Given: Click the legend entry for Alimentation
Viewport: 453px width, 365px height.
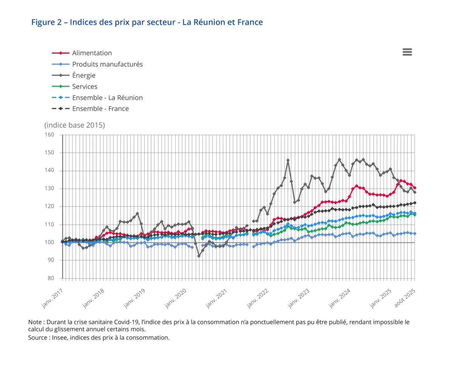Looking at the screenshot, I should pyautogui.click(x=92, y=53).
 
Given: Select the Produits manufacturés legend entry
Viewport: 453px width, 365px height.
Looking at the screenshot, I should pyautogui.click(x=107, y=64).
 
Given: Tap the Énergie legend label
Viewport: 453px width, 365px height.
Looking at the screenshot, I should pyautogui.click(x=84, y=75).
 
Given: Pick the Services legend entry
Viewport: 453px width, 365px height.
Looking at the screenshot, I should pyautogui.click(x=85, y=87).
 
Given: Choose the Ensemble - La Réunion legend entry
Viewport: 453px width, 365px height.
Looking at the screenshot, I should pyautogui.click(x=107, y=97).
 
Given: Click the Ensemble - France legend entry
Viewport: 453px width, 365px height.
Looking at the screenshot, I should pyautogui.click(x=100, y=109).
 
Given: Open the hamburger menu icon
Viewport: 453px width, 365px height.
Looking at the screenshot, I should pyautogui.click(x=407, y=52).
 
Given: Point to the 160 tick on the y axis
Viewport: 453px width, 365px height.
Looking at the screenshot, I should pyautogui.click(x=49, y=135).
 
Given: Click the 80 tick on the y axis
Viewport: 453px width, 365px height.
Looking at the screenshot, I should pyautogui.click(x=51, y=278).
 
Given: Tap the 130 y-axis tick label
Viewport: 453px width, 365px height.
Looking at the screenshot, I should pyautogui.click(x=49, y=189).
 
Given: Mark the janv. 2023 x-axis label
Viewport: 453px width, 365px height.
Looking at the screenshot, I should pyautogui.click(x=298, y=297).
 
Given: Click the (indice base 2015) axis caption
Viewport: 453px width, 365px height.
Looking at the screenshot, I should pyautogui.click(x=74, y=125).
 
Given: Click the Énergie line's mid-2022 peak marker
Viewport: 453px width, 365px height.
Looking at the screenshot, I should pyautogui.click(x=288, y=160).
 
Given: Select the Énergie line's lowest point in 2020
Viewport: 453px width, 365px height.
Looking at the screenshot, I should pyautogui.click(x=199, y=256).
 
